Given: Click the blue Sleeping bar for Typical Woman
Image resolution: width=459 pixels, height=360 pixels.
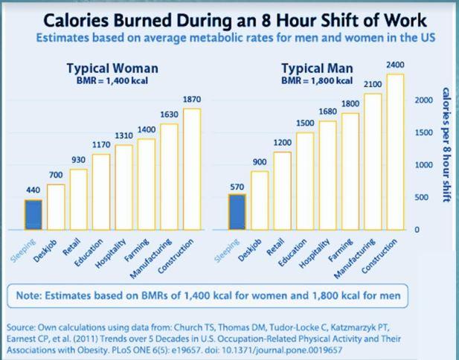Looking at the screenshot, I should pyautogui.click(x=33, y=215).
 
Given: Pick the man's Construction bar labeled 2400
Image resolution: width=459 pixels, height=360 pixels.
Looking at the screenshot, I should pyautogui.click(x=395, y=152).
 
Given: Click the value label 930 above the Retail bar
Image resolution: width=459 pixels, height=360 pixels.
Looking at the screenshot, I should pyautogui.click(x=78, y=160).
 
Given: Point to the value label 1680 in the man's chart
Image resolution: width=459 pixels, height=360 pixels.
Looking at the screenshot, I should pyautogui.click(x=327, y=112).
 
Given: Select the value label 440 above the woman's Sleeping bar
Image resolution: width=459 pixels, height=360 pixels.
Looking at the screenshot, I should pyautogui.click(x=33, y=190).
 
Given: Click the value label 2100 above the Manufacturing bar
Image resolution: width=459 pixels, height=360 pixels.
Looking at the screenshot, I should pyautogui.click(x=373, y=84).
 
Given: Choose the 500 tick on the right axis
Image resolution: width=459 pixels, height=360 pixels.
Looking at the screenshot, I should pyautogui.click(x=422, y=197).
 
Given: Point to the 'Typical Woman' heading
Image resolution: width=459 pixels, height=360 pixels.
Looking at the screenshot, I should pyautogui.click(x=112, y=68).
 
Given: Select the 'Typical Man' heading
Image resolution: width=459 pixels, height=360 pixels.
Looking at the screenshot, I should pyautogui.click(x=317, y=68).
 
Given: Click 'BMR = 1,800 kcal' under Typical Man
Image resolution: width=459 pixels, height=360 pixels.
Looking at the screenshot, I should pyautogui.click(x=317, y=80).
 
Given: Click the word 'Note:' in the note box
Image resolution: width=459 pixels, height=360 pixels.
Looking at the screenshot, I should pyautogui.click(x=32, y=295).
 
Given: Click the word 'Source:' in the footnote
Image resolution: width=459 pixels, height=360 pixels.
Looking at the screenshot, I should pyautogui.click(x=23, y=327).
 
